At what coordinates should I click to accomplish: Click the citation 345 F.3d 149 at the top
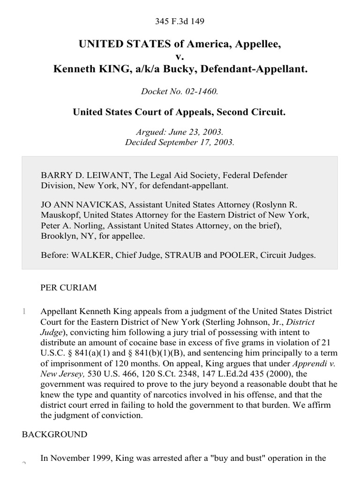pyautogui.click(x=180, y=22)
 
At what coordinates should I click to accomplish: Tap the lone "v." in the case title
pyautogui.click(x=180, y=57)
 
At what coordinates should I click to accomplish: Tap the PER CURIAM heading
pyautogui.click(x=69, y=288)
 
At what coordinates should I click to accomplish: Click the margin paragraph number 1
pyautogui.click(x=24, y=311)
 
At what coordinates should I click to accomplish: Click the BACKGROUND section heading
pyautogui.click(x=54, y=435)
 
